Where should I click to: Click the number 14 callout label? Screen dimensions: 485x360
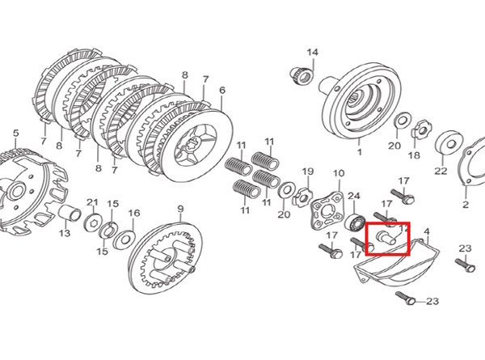click(312, 52)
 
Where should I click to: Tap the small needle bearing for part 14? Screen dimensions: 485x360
click(302, 75)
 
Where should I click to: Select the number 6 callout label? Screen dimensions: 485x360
click(222, 91)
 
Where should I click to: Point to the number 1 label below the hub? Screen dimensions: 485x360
click(359, 152)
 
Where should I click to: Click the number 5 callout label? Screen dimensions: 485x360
click(16, 133)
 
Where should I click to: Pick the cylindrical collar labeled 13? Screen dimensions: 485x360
click(70, 213)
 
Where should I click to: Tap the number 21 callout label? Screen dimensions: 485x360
click(92, 202)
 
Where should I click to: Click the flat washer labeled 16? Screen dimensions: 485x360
click(124, 239)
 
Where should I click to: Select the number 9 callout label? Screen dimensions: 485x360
click(180, 209)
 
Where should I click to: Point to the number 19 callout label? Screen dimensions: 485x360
click(308, 172)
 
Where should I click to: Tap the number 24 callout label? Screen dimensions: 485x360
click(354, 196)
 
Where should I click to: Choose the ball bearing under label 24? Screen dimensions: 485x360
click(355, 222)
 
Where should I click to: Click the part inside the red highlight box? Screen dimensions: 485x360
click(386, 239)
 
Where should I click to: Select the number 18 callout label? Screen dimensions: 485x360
click(414, 155)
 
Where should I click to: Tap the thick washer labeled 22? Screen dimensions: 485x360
click(449, 142)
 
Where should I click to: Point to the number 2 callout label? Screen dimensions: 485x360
click(466, 205)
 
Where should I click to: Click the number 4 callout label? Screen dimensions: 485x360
click(427, 231)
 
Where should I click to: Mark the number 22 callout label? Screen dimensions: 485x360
click(441, 170)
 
